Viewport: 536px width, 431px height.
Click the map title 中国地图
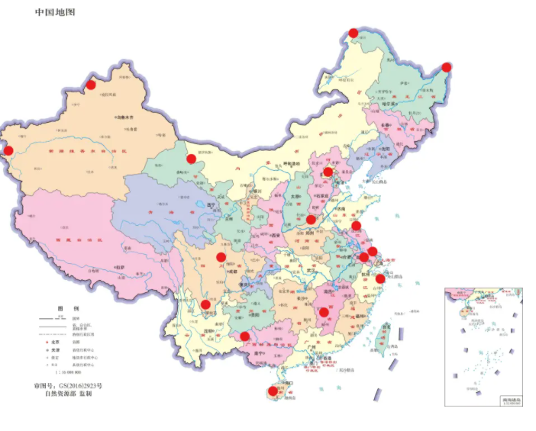pyautogui.click(x=55, y=13)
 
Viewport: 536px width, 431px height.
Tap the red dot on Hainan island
pyautogui.click(x=273, y=391)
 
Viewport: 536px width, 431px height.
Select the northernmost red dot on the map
pyautogui.click(x=353, y=32)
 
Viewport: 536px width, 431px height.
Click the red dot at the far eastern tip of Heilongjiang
pyautogui.click(x=447, y=67)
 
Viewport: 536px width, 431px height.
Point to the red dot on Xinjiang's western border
pyautogui.click(x=8, y=150)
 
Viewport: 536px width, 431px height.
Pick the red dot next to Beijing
pyautogui.click(x=328, y=172)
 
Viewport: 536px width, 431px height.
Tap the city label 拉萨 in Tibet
pyautogui.click(x=121, y=265)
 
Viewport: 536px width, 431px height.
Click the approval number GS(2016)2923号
pyautogui.click(x=67, y=386)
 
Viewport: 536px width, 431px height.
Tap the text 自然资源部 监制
pyautogui.click(x=68, y=395)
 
